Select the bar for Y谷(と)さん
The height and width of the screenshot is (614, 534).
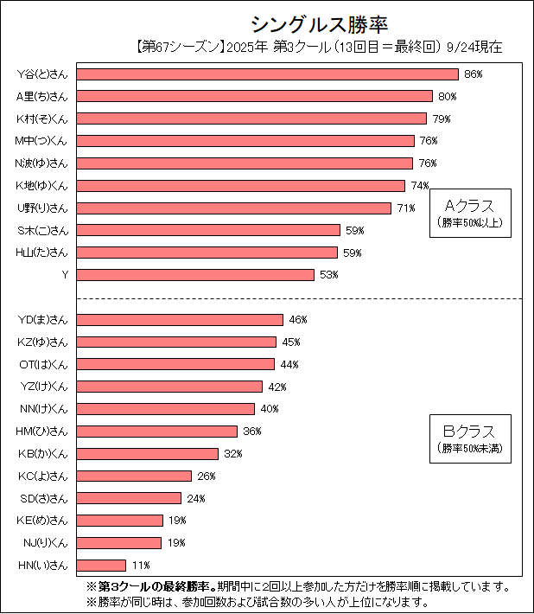(x=267, y=74)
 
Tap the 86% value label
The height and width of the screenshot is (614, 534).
(x=473, y=74)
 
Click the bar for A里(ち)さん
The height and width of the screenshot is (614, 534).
(x=254, y=96)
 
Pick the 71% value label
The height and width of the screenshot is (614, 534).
(x=406, y=208)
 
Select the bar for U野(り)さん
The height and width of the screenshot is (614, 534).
(x=233, y=208)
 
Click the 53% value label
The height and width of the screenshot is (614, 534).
(x=328, y=275)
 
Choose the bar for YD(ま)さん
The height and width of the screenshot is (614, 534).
(x=180, y=319)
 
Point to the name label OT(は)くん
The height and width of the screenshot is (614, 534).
(x=43, y=364)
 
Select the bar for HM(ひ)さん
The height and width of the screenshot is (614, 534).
(x=156, y=431)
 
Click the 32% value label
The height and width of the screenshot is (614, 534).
(x=232, y=453)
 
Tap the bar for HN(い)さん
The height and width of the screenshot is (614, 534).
(x=101, y=565)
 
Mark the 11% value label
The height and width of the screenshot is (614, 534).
(x=141, y=566)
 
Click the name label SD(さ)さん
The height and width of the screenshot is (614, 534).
(x=43, y=498)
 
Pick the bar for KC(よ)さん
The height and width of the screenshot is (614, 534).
(x=134, y=476)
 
